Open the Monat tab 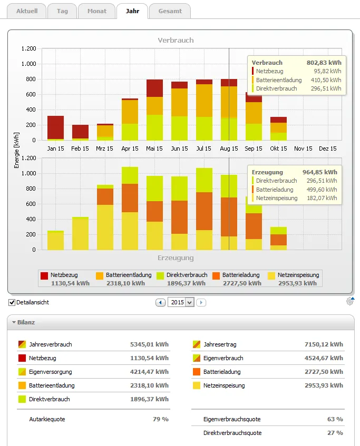click(x=97, y=11)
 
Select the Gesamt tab click(x=170, y=11)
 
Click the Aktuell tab click(x=27, y=11)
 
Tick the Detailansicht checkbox click(x=12, y=302)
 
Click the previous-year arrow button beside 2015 click(x=160, y=302)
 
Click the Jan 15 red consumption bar click(x=55, y=127)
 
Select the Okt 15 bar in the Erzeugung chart click(x=278, y=239)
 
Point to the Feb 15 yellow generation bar click(x=80, y=233)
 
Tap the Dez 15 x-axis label click(x=327, y=148)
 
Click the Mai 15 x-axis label click(x=154, y=148)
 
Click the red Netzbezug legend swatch click(x=44, y=275)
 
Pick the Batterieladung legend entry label click(x=241, y=275)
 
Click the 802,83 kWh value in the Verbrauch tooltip click(x=324, y=63)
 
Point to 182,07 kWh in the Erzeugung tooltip click(x=322, y=198)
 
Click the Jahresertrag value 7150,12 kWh click(x=324, y=344)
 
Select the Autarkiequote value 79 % click(x=161, y=419)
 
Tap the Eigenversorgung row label click(x=51, y=372)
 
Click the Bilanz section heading click(x=26, y=322)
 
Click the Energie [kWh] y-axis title click(x=16, y=150)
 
